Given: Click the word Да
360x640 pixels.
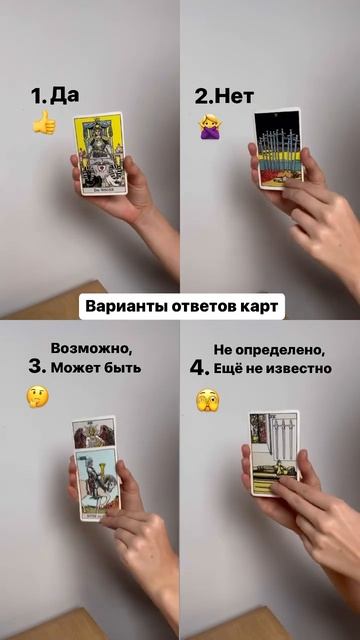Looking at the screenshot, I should click(65, 96).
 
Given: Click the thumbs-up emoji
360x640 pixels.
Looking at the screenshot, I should click(44, 123).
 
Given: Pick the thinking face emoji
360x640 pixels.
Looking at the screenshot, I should click(37, 396).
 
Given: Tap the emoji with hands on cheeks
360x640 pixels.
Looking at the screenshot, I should click(207, 400).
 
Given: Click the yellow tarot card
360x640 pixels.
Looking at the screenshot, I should click(100, 153).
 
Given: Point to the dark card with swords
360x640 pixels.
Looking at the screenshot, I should click(279, 148).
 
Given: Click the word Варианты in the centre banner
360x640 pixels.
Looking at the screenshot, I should click(122, 306).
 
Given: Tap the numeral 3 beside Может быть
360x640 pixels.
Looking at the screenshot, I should click(36, 367).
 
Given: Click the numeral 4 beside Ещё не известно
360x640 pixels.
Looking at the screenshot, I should click(198, 367).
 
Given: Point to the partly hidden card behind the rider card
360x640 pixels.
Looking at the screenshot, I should click(93, 432).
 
